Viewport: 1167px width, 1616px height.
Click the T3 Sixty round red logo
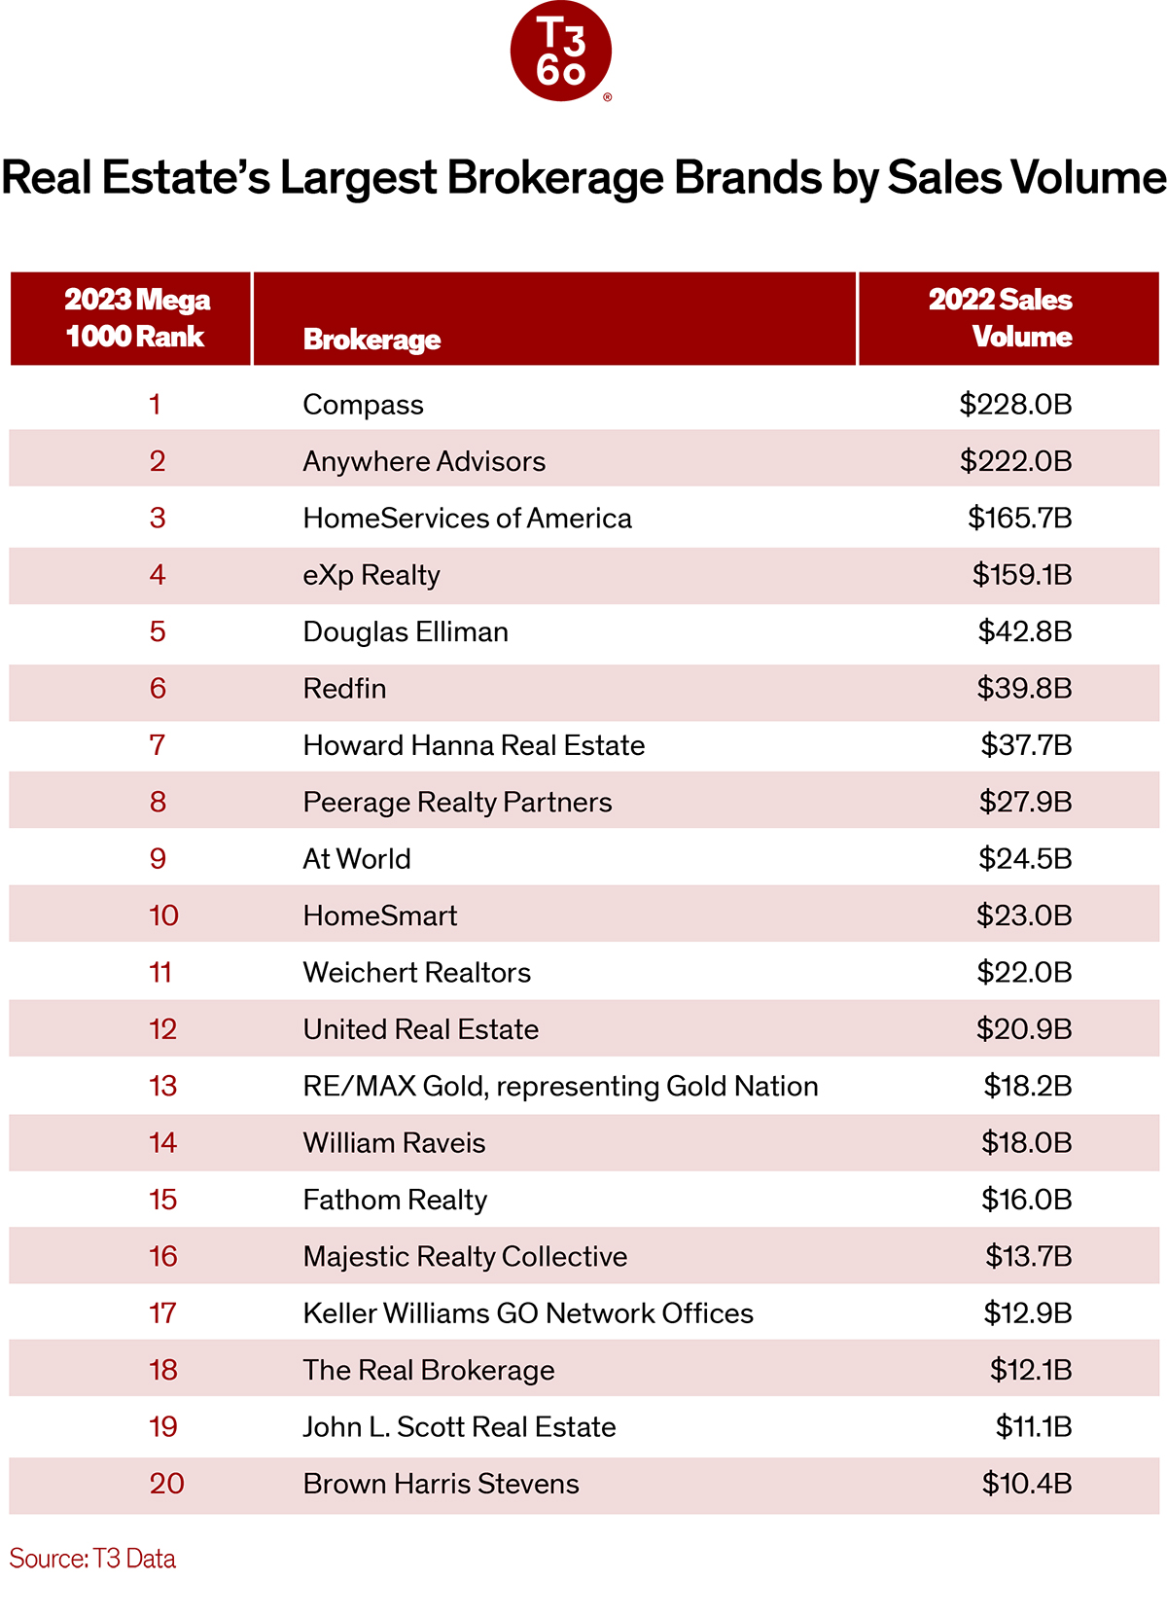click(560, 52)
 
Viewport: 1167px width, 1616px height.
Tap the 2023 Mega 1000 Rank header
click(136, 317)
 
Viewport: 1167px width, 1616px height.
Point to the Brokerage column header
click(371, 340)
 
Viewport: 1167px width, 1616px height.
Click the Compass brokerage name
click(363, 405)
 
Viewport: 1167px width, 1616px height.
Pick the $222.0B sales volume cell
click(1015, 461)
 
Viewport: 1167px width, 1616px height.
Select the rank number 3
click(158, 518)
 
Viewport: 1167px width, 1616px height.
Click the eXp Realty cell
click(371, 576)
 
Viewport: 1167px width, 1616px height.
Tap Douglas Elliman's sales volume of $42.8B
click(1024, 631)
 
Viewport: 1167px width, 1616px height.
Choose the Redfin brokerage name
click(344, 688)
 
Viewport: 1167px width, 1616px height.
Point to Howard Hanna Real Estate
click(474, 745)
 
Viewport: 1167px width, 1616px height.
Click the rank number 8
click(158, 802)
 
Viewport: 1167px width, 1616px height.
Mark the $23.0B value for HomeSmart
click(1023, 916)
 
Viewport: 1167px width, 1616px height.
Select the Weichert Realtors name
click(416, 973)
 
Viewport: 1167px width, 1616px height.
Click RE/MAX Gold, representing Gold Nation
click(560, 1087)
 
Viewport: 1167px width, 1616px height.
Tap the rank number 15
click(162, 1200)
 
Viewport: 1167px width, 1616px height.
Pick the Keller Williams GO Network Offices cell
click(528, 1313)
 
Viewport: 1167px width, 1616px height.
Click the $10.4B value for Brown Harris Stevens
click(1026, 1484)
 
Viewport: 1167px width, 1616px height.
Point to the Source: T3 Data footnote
click(92, 1559)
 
